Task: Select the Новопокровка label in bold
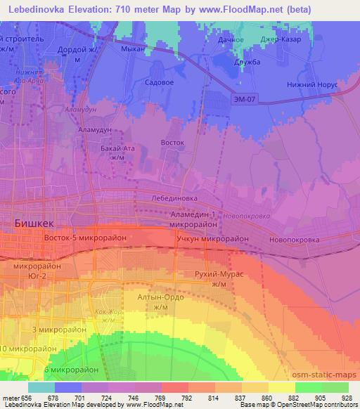click(x=294, y=240)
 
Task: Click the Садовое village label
click(x=159, y=82)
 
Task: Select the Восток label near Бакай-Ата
click(x=172, y=143)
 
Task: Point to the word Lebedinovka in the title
click(x=36, y=7)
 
